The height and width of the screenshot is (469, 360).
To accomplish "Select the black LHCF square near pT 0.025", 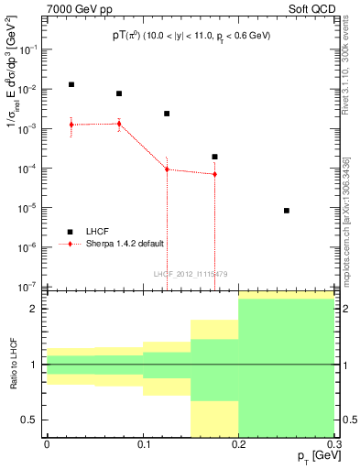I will (x=71, y=84).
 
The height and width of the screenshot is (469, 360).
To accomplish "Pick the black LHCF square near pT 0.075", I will (x=119, y=93).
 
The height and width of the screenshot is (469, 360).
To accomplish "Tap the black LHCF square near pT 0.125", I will (x=167, y=114).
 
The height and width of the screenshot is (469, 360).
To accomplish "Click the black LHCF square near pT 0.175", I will (x=214, y=157).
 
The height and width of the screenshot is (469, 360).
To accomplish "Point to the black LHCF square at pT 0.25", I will (x=287, y=211).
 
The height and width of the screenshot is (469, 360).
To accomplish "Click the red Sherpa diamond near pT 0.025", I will (x=71, y=125).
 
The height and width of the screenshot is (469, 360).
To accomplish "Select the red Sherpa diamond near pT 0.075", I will (x=119, y=124).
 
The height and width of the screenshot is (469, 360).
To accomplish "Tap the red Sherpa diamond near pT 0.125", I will (x=167, y=169).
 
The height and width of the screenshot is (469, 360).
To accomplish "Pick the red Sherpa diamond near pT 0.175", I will (x=214, y=174).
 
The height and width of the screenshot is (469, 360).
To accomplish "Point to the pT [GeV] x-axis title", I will (x=312, y=455).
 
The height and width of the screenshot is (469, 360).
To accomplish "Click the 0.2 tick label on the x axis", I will (x=238, y=443).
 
